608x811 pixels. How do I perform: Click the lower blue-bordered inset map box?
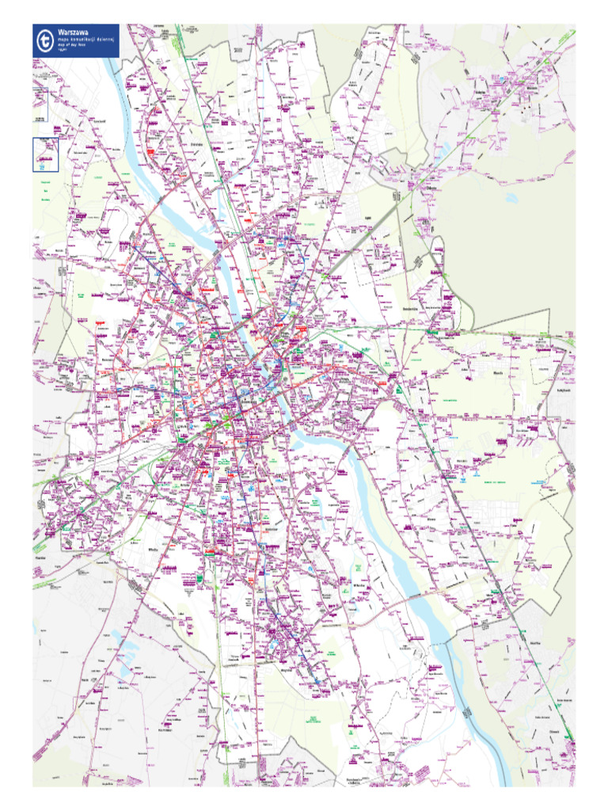[x=45, y=154]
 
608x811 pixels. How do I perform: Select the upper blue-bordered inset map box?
[x=40, y=105]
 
